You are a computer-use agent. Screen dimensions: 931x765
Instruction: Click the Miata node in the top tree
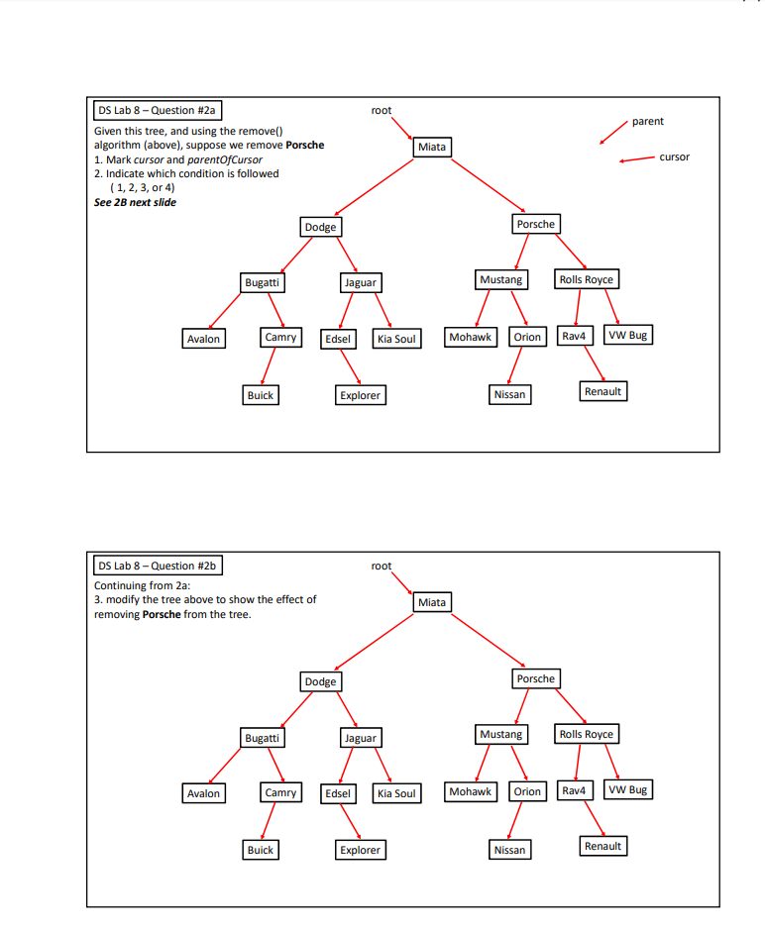click(432, 148)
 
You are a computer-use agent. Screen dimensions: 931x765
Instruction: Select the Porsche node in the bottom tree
click(536, 678)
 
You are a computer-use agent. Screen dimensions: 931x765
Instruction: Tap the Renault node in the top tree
click(602, 391)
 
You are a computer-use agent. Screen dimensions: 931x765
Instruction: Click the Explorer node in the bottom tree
click(360, 850)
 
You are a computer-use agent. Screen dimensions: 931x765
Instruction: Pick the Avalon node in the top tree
click(203, 339)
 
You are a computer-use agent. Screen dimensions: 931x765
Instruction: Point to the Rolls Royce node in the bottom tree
click(586, 734)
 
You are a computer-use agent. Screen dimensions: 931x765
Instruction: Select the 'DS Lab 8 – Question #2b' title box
click(158, 566)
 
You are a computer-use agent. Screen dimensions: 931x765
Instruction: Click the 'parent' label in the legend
click(647, 121)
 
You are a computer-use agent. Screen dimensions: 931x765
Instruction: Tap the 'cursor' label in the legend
click(674, 156)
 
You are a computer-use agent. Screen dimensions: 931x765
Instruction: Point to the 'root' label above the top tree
click(382, 110)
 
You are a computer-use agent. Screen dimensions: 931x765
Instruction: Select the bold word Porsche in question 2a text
click(304, 145)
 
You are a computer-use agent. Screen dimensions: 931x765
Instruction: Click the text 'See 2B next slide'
click(135, 202)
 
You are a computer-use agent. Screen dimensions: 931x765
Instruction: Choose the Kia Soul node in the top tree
click(396, 339)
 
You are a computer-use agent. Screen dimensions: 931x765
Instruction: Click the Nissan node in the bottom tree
click(509, 850)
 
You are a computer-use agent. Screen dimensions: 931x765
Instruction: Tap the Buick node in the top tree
click(261, 395)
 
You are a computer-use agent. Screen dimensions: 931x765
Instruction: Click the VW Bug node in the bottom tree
click(628, 789)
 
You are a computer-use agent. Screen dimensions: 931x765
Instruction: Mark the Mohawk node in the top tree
click(470, 337)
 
